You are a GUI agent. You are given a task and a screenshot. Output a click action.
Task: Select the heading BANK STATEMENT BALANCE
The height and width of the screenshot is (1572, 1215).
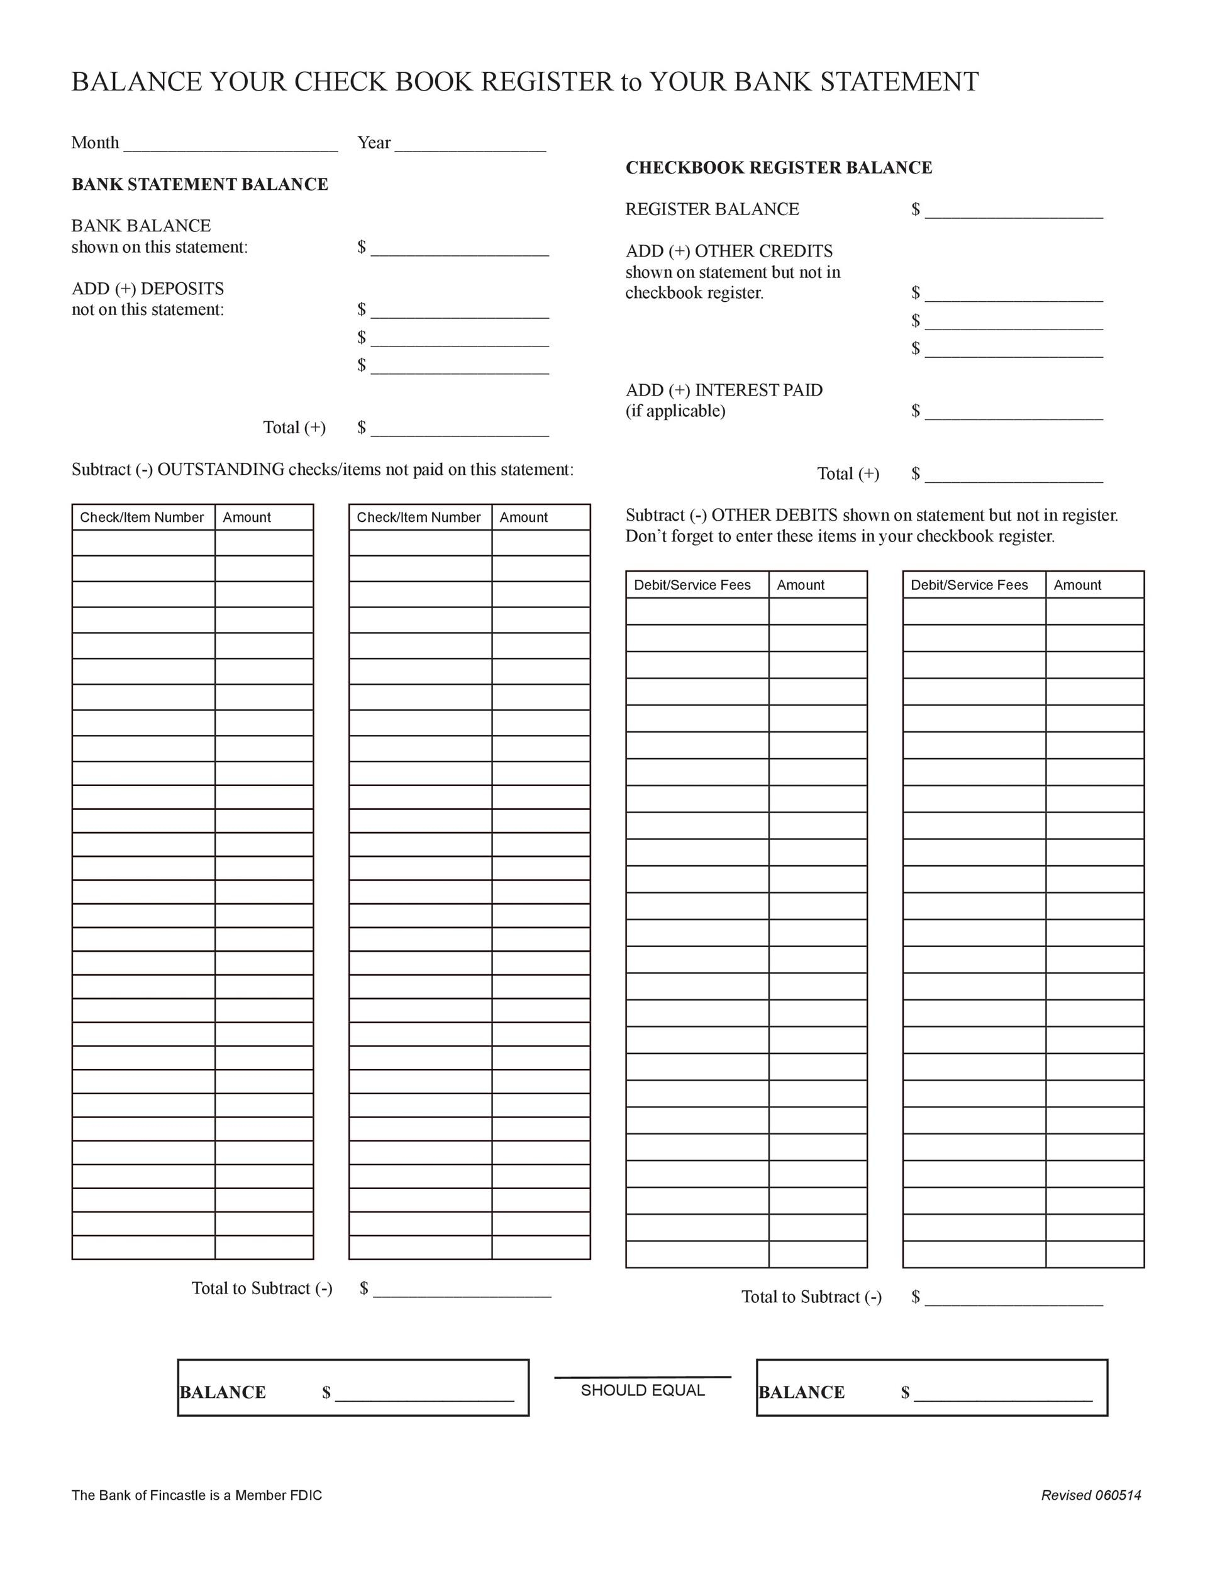pyautogui.click(x=199, y=184)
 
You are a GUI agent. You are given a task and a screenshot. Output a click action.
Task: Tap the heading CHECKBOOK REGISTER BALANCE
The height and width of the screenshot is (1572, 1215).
pyautogui.click(x=778, y=168)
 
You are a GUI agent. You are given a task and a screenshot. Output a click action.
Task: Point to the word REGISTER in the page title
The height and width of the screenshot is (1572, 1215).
pyautogui.click(x=546, y=82)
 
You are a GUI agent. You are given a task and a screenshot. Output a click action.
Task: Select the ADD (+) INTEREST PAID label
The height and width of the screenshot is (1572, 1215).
pyautogui.click(x=723, y=390)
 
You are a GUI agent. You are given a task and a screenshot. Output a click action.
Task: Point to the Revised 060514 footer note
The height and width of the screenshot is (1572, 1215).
pyautogui.click(x=1090, y=1495)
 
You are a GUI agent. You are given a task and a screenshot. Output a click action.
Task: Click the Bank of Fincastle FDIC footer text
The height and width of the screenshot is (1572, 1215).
pyautogui.click(x=196, y=1495)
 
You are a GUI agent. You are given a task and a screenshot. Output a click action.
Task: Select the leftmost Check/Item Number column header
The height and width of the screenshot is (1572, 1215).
pyautogui.click(x=141, y=518)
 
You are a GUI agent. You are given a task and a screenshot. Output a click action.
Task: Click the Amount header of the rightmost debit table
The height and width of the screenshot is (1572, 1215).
pyautogui.click(x=1077, y=585)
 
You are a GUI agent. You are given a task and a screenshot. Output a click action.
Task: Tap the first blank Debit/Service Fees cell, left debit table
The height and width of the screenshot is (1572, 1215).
pyautogui.click(x=697, y=611)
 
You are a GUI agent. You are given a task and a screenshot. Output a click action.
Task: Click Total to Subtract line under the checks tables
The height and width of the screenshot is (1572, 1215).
pyautogui.click(x=462, y=1292)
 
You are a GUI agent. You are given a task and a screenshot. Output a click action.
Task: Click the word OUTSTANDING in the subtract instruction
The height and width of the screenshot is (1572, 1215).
pyautogui.click(x=220, y=470)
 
